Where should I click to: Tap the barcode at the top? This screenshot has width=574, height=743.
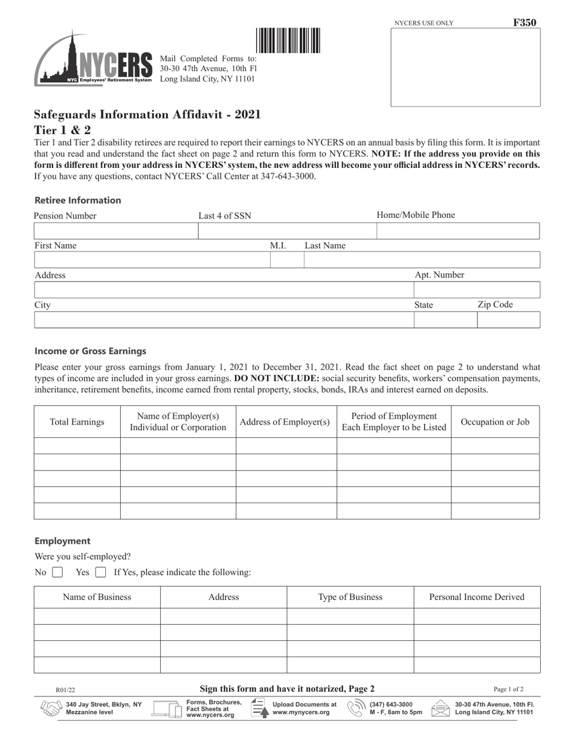pos(288,41)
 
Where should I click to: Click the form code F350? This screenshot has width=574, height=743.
pos(524,23)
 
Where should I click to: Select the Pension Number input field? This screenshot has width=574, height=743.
pos(116,231)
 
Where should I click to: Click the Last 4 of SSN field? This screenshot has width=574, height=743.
pos(287,231)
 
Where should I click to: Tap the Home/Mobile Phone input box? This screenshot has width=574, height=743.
pos(458,231)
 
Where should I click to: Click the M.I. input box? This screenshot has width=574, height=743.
pos(286,260)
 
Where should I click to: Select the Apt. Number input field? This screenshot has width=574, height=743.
pos(476,291)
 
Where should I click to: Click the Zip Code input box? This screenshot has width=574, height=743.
pos(508,320)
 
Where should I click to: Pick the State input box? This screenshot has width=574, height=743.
pos(445,320)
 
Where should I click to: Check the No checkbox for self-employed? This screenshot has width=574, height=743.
pos(57,573)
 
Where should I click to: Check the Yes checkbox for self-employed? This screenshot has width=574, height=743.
pos(101,573)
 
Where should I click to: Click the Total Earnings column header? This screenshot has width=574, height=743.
pos(77,422)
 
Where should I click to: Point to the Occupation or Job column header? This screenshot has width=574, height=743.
pos(495,422)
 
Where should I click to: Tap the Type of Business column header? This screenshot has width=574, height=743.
pos(350,597)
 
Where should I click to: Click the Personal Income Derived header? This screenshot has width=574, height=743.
pos(476,597)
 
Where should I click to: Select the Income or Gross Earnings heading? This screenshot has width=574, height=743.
pos(90,351)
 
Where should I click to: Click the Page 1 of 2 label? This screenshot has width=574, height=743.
pos(508,689)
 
